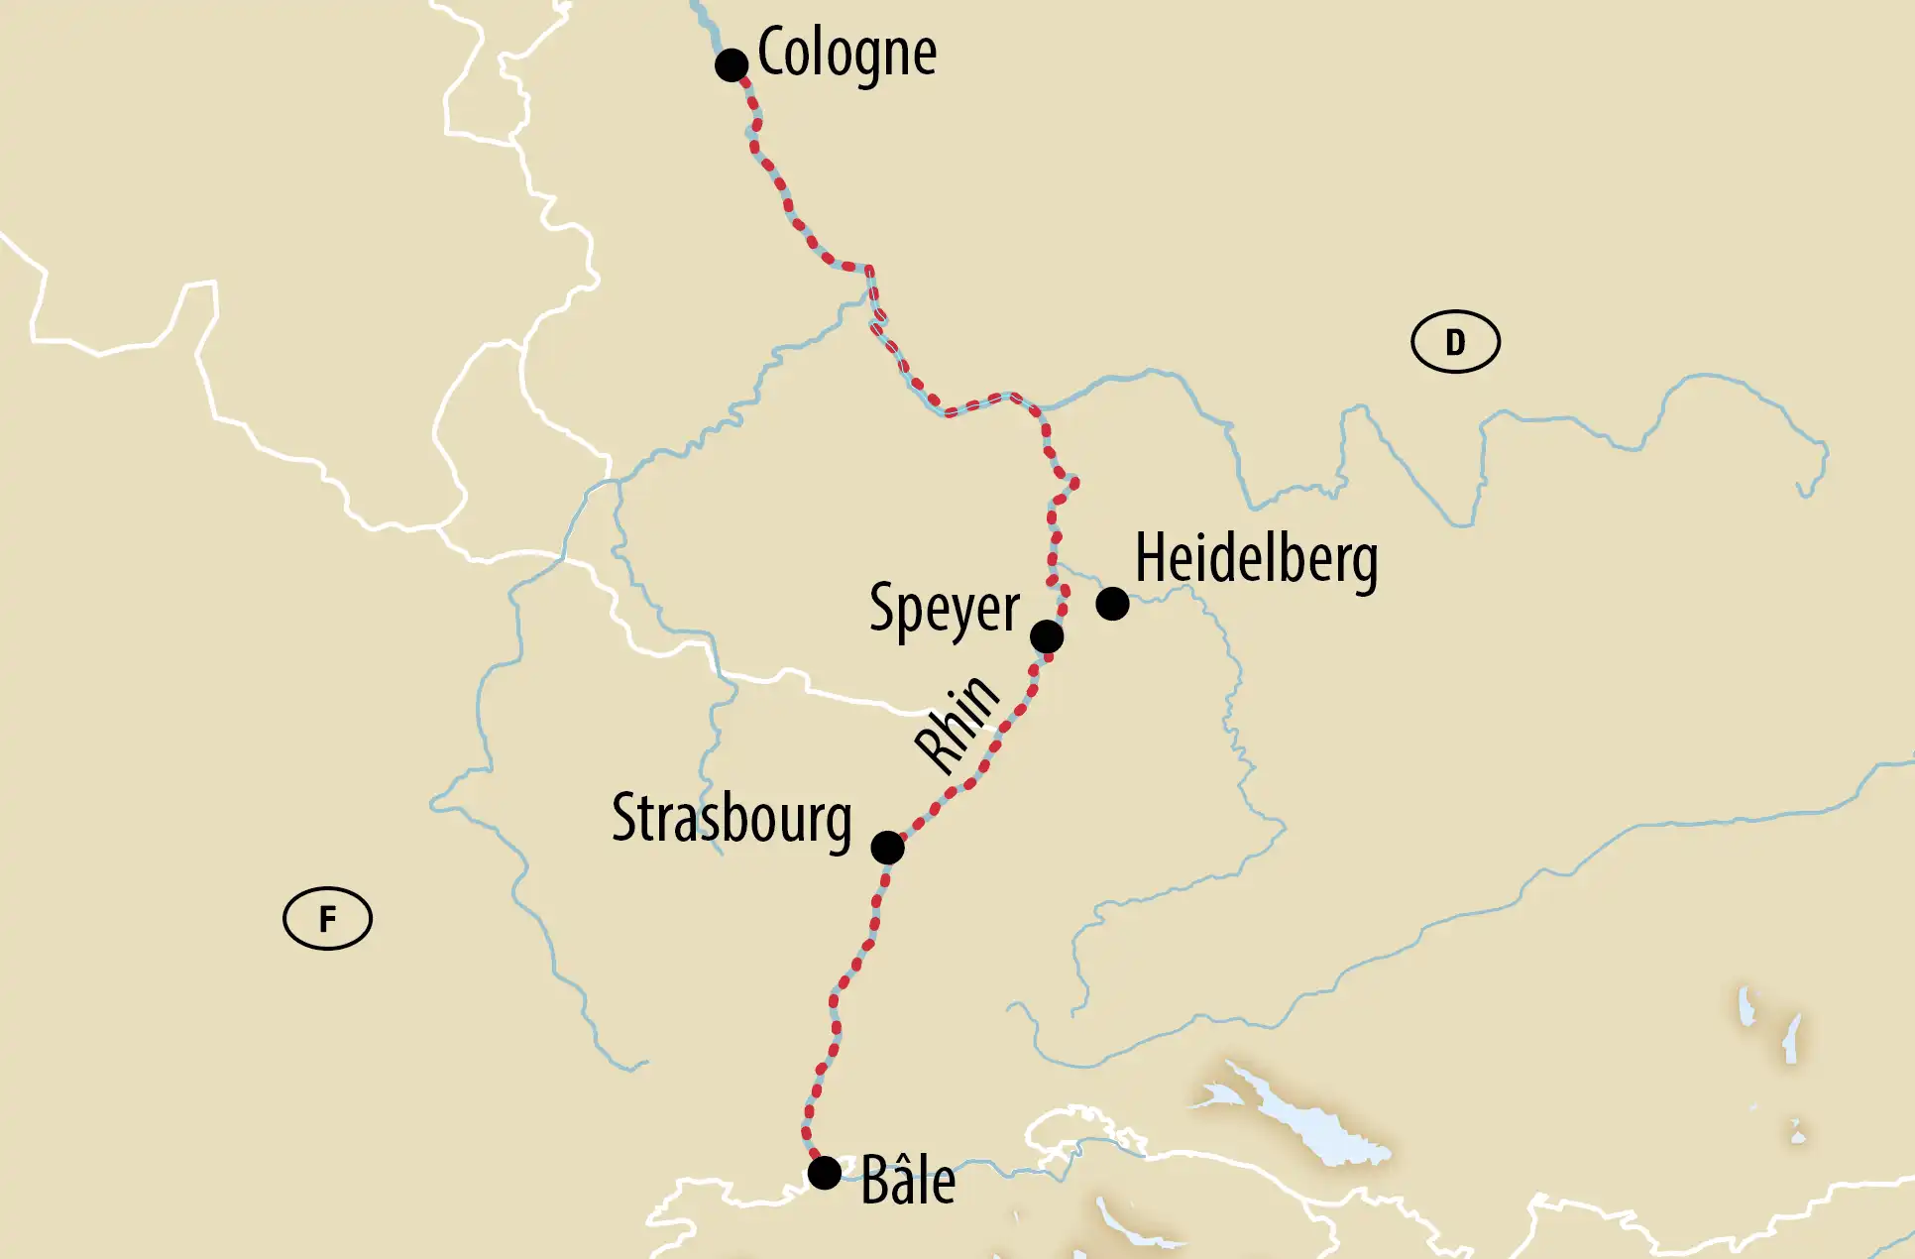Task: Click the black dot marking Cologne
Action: (x=732, y=65)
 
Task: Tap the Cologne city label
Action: (x=846, y=53)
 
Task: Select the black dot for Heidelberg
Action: (x=1112, y=603)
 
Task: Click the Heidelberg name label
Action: (x=1256, y=559)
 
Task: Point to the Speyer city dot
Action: (x=1047, y=635)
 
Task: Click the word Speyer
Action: (x=944, y=609)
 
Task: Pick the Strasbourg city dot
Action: (x=887, y=848)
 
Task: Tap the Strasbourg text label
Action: (x=732, y=819)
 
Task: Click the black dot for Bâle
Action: (x=824, y=1173)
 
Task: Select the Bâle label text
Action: (x=907, y=1181)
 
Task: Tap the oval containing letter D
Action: (x=1455, y=342)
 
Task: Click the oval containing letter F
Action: (x=327, y=919)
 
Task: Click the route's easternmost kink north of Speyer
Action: (x=1074, y=483)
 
